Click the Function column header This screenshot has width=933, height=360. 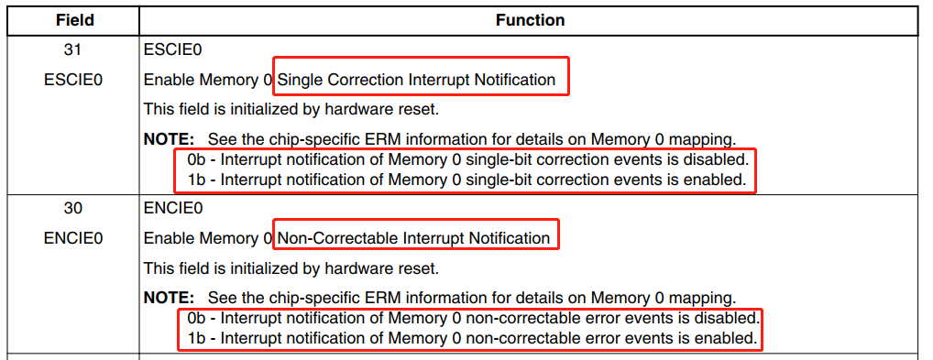coord(531,20)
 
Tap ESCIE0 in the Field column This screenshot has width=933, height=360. coord(72,80)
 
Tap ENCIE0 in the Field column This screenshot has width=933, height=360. coord(72,239)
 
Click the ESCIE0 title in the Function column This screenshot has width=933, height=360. coord(167,49)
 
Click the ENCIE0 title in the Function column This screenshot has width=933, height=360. coord(167,208)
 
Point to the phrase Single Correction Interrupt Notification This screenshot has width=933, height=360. coord(416,80)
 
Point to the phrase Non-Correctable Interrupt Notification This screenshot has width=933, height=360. coord(413,239)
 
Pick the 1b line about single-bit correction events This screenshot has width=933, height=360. coord(466,180)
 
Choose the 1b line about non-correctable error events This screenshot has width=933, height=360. coord(470,338)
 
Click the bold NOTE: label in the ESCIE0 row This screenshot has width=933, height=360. coord(169,140)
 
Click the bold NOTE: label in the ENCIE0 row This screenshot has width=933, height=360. coord(169,299)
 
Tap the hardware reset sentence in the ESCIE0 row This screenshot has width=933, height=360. coord(291,110)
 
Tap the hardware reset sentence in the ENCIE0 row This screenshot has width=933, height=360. coord(291,269)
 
